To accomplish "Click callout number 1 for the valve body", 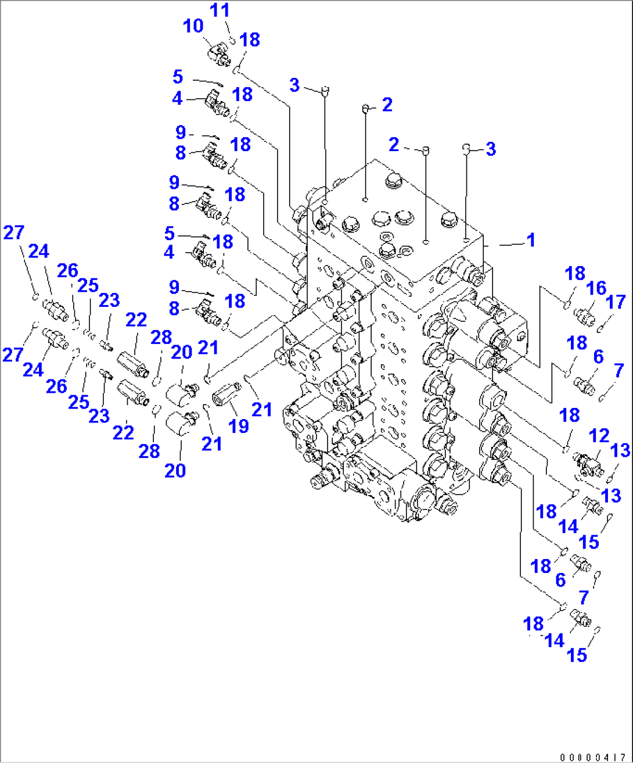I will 530,240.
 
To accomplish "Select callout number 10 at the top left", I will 193,26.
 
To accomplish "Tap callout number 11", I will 220,10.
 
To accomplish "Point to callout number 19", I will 238,426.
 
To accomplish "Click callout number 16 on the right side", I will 596,288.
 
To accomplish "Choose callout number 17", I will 616,302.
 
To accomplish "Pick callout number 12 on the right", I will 599,436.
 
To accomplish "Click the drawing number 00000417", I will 592,757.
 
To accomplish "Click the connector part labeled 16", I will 583,316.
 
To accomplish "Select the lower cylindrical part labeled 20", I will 180,422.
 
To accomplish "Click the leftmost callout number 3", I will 294,85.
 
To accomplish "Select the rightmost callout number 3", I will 491,149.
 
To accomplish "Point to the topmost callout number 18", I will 250,40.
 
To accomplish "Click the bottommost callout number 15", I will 577,655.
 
